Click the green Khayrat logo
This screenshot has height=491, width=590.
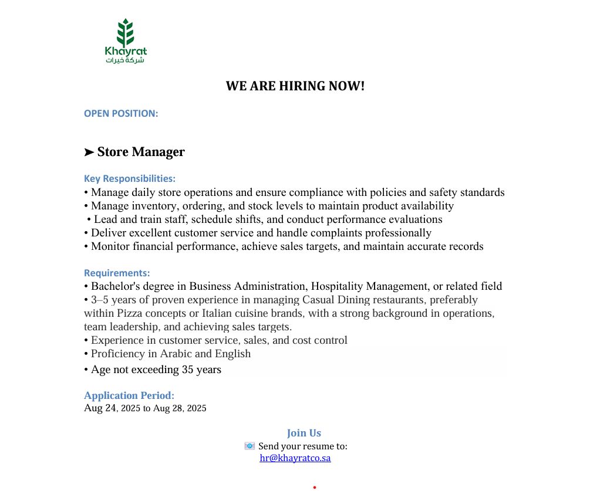tap(125, 41)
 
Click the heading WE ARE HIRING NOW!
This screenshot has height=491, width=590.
tap(295, 86)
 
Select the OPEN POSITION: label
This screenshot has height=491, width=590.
tap(121, 113)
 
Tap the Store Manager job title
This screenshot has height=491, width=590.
tap(141, 152)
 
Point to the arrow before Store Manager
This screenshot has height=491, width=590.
tap(89, 153)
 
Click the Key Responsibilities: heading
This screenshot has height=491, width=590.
tap(130, 178)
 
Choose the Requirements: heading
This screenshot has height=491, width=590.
tap(117, 273)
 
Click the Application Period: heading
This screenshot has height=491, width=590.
tap(129, 395)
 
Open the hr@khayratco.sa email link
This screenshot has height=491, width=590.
tap(295, 458)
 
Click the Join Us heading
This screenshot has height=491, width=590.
tap(304, 433)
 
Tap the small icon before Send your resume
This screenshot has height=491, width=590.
tap(250, 446)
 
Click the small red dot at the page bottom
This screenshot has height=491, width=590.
tap(315, 487)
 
